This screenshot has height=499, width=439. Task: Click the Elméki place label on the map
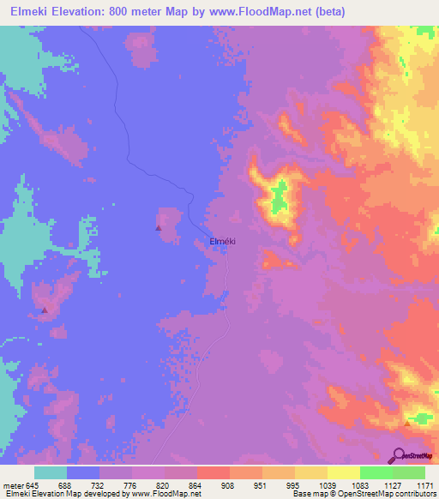coord(222,242)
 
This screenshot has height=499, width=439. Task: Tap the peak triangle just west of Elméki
coord(158,228)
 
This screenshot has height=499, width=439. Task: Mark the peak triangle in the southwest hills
coord(45,310)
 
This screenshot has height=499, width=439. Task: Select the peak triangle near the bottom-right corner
coord(407,423)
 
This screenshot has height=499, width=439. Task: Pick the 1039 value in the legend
coord(326,484)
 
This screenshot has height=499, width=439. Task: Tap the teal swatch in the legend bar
coord(51,472)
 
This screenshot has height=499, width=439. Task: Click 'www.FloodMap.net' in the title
coord(259,11)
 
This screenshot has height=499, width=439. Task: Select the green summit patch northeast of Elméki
coord(279,199)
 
